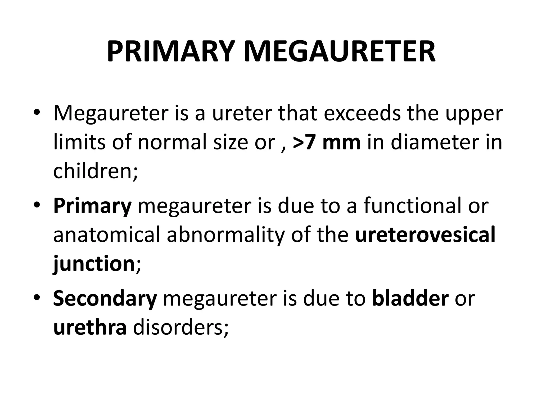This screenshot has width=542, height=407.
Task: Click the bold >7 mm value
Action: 327,142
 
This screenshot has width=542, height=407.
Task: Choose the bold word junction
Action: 94,264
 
